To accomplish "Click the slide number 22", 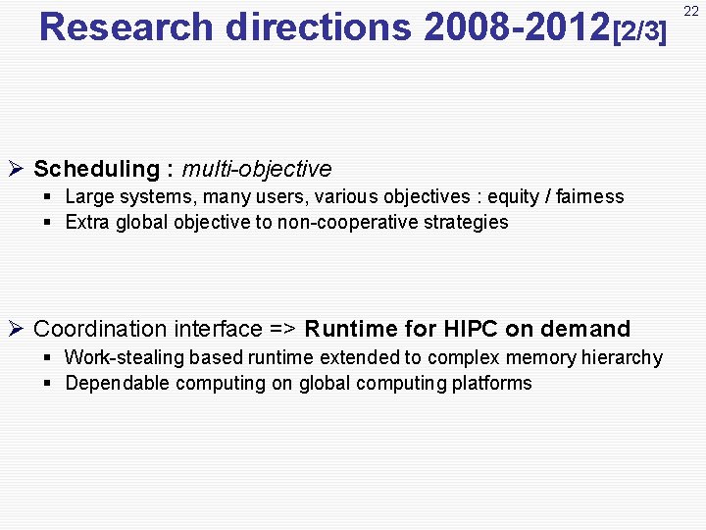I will [690, 11].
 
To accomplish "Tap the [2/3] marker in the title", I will [639, 31].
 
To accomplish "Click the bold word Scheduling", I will [96, 169].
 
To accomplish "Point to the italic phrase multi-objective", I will [257, 169].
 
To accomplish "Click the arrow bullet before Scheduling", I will [16, 169].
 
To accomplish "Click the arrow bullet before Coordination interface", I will [16, 329].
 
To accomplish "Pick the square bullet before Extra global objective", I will [47, 222].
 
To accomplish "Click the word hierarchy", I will [623, 357].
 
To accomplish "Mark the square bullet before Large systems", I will [47, 196].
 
